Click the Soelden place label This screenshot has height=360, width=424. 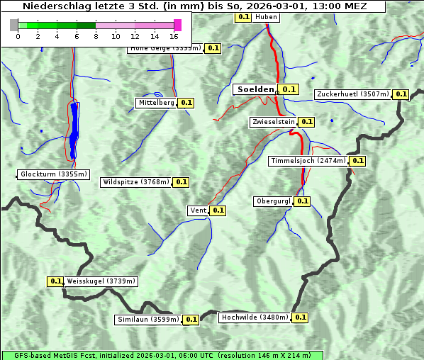255,89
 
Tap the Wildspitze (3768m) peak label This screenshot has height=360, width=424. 136,182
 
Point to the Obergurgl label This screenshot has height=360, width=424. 273,201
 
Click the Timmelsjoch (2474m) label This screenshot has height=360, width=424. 308,161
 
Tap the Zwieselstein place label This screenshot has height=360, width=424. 272,122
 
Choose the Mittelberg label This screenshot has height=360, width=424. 156,103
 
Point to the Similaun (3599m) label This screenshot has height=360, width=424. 148,320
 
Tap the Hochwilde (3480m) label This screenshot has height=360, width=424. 254,317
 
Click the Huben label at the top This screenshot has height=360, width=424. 265,16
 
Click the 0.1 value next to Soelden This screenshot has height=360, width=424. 288,89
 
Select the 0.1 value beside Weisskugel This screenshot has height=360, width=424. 56,281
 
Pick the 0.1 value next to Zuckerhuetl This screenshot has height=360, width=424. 401,94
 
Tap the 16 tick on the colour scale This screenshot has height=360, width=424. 174,36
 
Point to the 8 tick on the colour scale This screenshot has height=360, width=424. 95,36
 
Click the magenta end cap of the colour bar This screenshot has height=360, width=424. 177,25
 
